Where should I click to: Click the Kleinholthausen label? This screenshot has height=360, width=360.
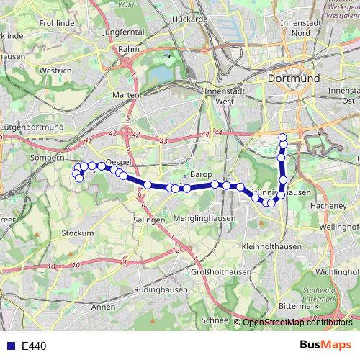pos(271,246)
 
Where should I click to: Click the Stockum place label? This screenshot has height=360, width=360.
pos(78,233)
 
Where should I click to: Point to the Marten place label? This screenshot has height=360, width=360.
pos(126,95)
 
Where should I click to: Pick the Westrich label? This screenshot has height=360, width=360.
pos(55,71)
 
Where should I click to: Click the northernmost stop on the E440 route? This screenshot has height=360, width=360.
pos(283,137)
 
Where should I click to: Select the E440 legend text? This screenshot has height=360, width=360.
pos(34,346)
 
